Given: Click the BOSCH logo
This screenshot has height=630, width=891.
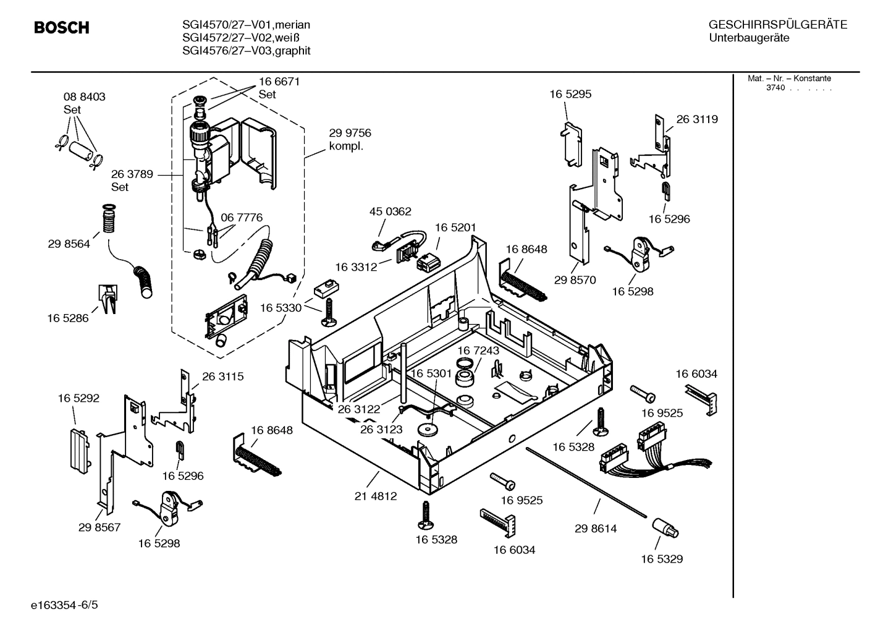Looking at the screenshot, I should pos(61,28).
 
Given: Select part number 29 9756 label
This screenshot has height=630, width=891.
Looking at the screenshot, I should pos(350,133).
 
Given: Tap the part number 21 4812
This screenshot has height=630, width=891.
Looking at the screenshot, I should pos(376,496).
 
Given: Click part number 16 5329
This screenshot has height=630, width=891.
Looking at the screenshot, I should pos(661,559).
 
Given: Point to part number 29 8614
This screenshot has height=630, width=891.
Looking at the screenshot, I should pos(596,529).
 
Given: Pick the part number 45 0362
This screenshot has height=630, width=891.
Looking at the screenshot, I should pos(390,211).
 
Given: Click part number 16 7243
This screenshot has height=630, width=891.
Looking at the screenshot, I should pos(478,351).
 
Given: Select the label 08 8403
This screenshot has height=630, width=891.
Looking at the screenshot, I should pos(84,97).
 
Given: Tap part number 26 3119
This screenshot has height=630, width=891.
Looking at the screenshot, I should pos(697,119).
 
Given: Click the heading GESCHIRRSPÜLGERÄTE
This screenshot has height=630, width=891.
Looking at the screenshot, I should pos(777,25).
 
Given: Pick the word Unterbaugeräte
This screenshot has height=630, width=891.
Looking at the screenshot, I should pos(748,38).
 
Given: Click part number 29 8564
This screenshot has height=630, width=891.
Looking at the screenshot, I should pos(69,244).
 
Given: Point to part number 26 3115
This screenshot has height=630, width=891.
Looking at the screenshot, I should pos(222,377).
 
